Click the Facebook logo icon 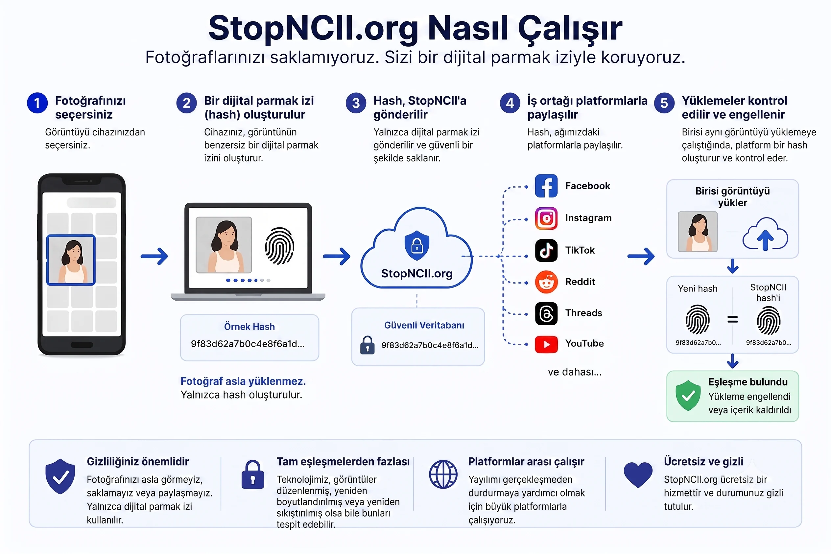tap(546, 186)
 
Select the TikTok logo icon tap(546, 250)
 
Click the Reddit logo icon tap(546, 282)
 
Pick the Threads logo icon tap(546, 313)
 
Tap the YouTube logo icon tap(546, 344)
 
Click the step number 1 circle tap(37, 103)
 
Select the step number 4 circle tap(510, 103)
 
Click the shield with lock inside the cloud tap(417, 245)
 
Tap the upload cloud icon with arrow tap(765, 234)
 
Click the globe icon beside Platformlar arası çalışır tap(443, 474)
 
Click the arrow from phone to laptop tap(154, 256)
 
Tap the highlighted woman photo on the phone tap(71, 260)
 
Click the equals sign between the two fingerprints tap(732, 319)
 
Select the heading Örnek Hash tap(249, 327)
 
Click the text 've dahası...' tap(575, 372)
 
